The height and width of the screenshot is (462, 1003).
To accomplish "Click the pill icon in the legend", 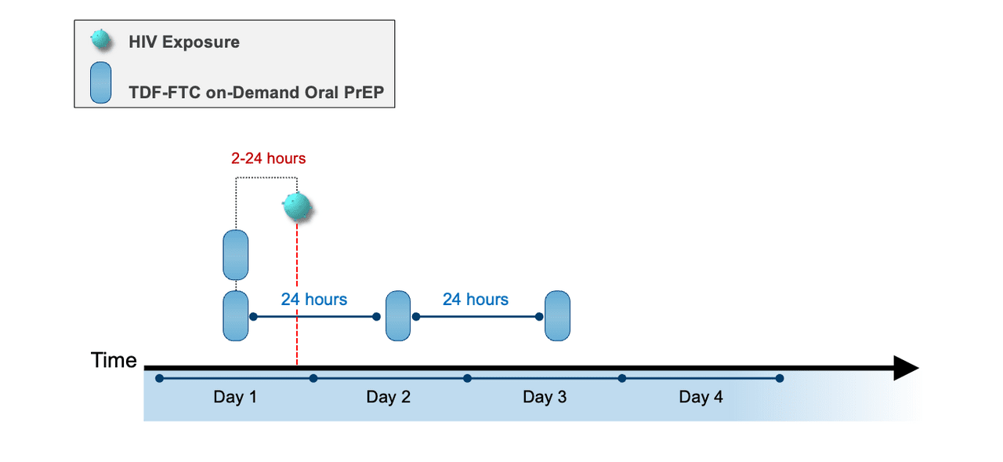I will tap(101, 82).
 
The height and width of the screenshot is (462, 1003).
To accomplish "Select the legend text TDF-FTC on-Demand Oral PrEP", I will tap(262, 93).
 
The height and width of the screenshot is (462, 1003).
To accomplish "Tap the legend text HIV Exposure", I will tap(184, 42).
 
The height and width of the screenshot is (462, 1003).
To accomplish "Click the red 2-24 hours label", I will tap(268, 158).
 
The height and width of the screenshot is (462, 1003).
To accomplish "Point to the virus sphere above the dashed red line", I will tap(298, 206).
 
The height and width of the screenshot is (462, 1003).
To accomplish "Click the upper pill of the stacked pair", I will tap(236, 255).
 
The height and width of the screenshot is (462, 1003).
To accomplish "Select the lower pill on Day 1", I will tap(236, 316).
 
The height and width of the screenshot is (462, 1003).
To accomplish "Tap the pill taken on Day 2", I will tap(398, 316).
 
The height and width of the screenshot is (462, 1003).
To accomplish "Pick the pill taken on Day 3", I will tap(557, 316).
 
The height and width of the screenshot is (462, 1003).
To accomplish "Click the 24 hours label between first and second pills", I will tap(314, 299).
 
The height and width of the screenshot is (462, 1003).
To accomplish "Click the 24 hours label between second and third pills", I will tap(476, 299).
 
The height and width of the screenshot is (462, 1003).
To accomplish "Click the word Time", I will tap(114, 361).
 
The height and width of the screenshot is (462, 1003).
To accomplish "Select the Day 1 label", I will tap(235, 397).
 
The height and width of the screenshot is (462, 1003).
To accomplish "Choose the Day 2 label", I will tap(389, 397).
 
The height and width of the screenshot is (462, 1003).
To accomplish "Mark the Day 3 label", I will tap(545, 397).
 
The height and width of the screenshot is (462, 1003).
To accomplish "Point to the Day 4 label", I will tap(701, 397).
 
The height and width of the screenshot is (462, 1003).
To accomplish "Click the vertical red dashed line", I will tap(297, 298).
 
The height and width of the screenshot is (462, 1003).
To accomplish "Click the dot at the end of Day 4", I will tap(779, 378).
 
